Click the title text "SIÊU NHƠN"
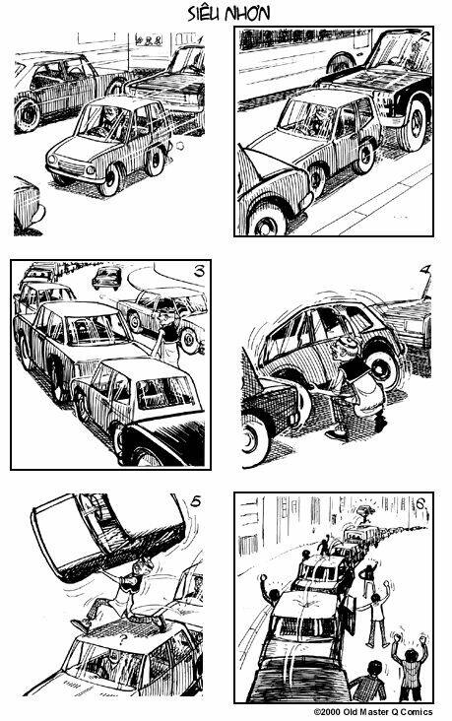point(228,14)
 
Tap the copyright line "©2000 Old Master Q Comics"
point(373,712)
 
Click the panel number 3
point(199,271)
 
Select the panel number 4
point(426,270)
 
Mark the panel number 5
point(195,501)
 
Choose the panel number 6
point(420,504)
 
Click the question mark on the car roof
point(123,639)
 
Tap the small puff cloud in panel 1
point(180,146)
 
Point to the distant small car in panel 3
point(106,278)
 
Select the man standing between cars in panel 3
point(168,337)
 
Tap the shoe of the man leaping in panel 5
point(81,625)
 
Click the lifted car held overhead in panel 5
point(108,534)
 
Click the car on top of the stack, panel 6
point(364,511)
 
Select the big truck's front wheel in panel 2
point(414,126)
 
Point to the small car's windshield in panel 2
point(306,117)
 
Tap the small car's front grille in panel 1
point(69,165)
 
